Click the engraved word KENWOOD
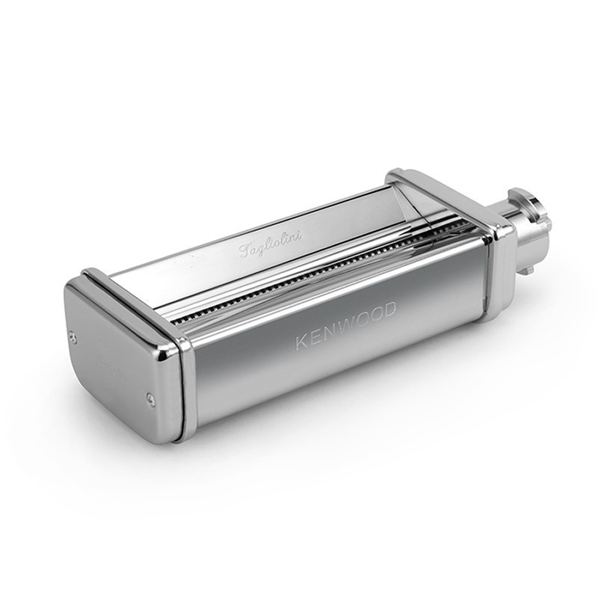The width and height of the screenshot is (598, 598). [x=345, y=324]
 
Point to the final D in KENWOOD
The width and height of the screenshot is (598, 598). [x=389, y=310]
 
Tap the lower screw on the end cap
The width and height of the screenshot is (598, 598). [x=151, y=398]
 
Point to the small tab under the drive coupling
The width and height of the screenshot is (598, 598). [x=529, y=270]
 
